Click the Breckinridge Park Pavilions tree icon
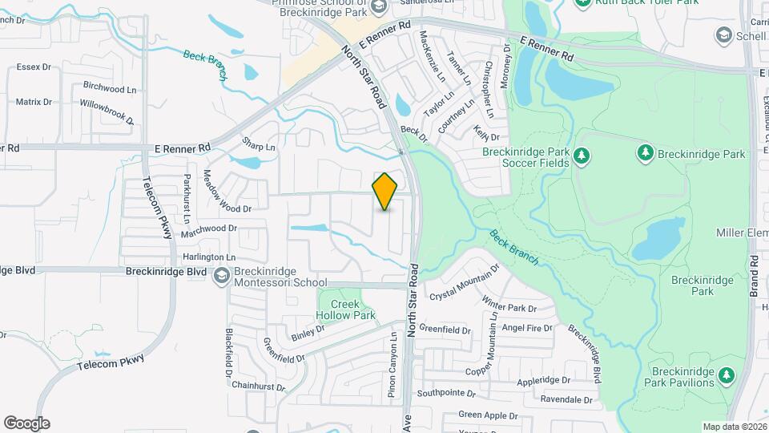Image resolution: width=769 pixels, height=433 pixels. [x=727, y=374]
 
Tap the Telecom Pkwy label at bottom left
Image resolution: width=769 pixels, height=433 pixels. [x=111, y=361]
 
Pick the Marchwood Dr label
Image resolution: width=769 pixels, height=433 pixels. [x=209, y=228]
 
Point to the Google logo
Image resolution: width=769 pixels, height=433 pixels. [x=26, y=423]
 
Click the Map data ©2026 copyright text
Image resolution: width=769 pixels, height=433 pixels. [x=734, y=427]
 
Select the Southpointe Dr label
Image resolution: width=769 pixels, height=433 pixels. [x=446, y=394]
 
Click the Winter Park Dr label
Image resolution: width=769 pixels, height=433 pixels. [x=509, y=305]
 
